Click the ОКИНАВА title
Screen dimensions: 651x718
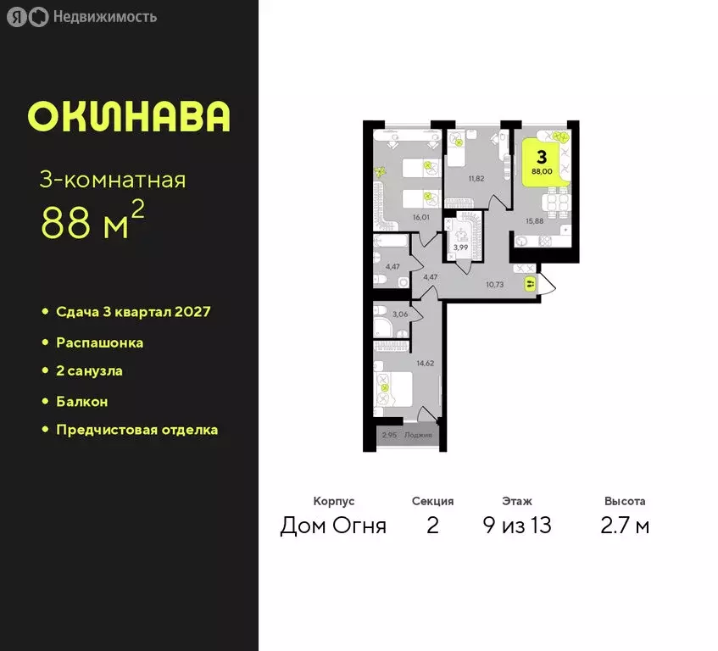pyautogui.click(x=128, y=117)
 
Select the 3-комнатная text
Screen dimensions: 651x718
pyautogui.click(x=113, y=180)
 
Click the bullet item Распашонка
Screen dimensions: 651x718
pyautogui.click(x=99, y=343)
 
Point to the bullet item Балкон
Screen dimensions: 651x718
pyautogui.click(x=81, y=401)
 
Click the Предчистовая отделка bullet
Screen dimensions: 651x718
pyautogui.click(x=136, y=430)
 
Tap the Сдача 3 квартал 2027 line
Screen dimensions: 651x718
pyautogui.click(x=132, y=312)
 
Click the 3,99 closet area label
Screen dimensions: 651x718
pyautogui.click(x=461, y=247)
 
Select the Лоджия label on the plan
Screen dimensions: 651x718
pyautogui.click(x=417, y=435)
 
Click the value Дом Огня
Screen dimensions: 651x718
pyautogui.click(x=333, y=526)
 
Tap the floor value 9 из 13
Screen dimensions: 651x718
pyautogui.click(x=516, y=526)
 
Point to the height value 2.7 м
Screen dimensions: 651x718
pyautogui.click(x=625, y=526)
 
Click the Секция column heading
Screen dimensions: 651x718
pyautogui.click(x=432, y=502)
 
